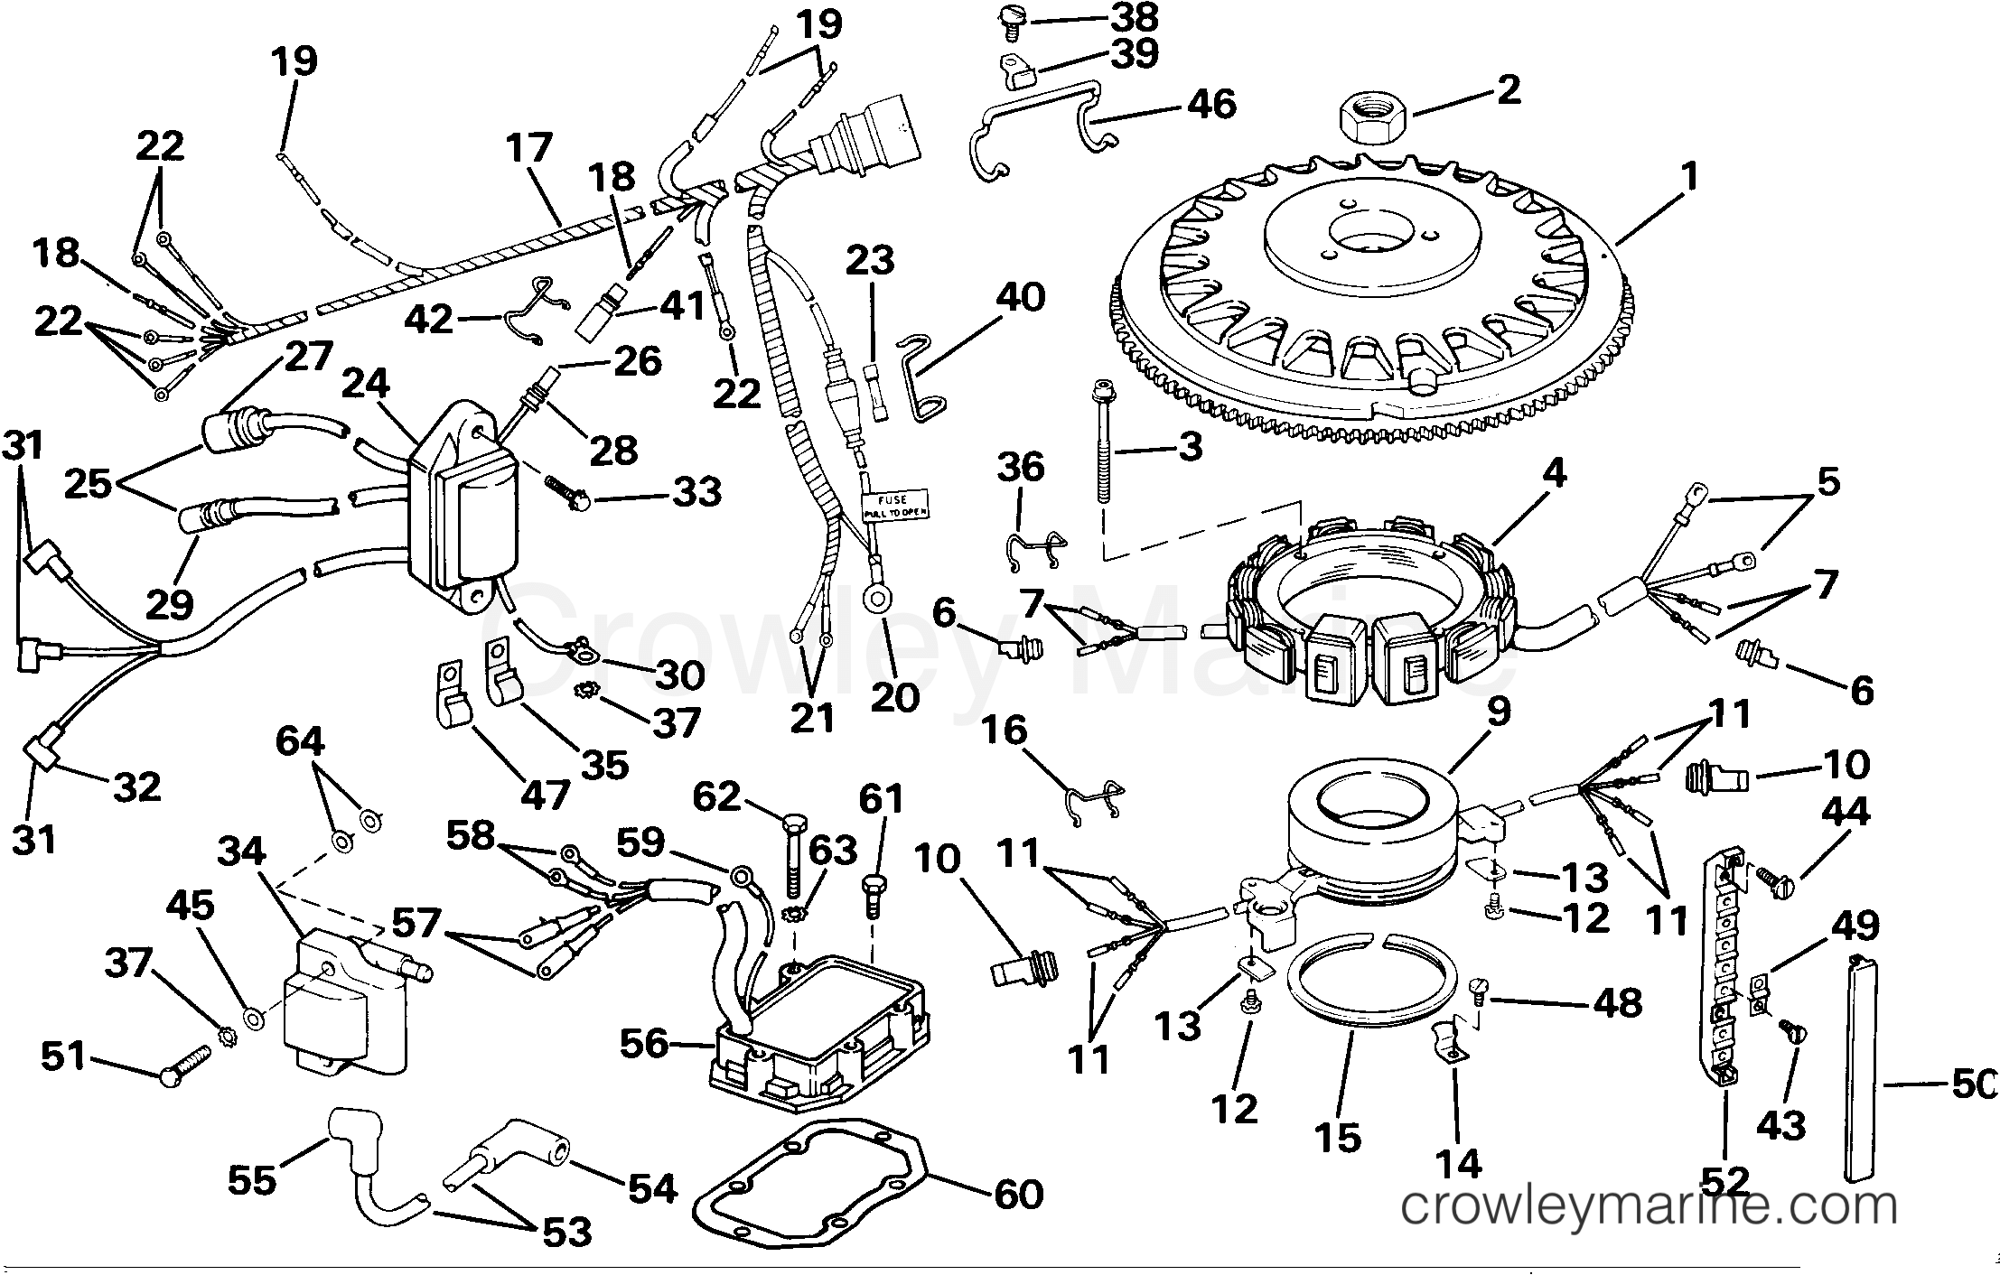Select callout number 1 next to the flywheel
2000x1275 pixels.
[1688, 177]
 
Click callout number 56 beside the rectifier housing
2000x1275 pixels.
[643, 1044]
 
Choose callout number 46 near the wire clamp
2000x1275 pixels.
[1210, 104]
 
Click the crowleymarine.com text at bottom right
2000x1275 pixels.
[1649, 1207]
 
